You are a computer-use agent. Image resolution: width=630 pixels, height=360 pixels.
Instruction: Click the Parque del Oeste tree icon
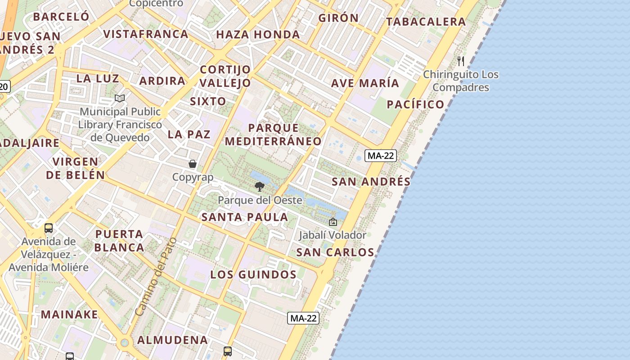[x=259, y=186]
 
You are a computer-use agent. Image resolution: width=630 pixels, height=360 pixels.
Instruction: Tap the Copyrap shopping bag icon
[x=193, y=164]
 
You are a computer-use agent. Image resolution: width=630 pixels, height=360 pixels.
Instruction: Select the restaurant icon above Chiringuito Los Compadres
[x=461, y=61]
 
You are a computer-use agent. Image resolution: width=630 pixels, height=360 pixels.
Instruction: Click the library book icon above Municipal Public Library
[x=119, y=98]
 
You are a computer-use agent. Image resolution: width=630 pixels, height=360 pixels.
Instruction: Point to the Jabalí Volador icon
[x=333, y=222]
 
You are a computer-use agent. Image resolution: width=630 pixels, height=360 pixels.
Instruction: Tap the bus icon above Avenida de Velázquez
[x=49, y=228]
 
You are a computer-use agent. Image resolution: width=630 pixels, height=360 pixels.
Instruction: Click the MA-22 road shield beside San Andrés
[x=381, y=156]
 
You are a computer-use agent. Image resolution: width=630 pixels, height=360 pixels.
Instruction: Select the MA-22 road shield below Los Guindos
[x=303, y=318]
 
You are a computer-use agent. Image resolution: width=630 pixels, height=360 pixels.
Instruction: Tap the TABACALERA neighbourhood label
[x=426, y=22]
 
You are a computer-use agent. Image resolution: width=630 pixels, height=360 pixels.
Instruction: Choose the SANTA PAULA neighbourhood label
[x=245, y=217]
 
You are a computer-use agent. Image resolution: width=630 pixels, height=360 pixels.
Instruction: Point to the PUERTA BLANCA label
[x=120, y=241]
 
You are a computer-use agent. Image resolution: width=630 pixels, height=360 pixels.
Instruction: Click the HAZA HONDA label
[x=258, y=35]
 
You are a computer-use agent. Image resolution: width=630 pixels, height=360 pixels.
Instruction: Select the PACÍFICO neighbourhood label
[x=416, y=104]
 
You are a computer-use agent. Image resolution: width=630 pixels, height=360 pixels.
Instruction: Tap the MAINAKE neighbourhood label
[x=70, y=314]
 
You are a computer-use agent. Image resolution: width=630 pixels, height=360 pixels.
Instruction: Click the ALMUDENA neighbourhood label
[x=173, y=340]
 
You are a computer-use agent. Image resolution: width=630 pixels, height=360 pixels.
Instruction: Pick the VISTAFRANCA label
[x=146, y=34]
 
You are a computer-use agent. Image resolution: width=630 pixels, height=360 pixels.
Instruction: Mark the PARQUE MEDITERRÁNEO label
[x=273, y=135]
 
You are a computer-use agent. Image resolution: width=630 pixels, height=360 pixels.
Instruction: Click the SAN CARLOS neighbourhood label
[x=335, y=252]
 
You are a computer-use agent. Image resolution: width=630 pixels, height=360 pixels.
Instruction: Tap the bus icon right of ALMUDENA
[x=228, y=351]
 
